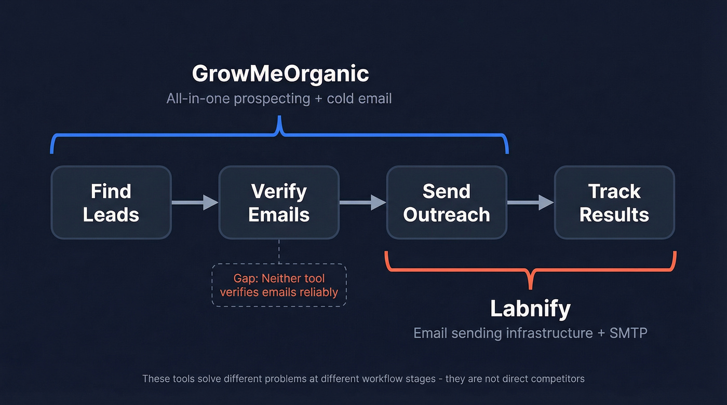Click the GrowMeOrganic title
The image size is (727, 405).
(x=280, y=74)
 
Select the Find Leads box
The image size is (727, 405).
(x=111, y=202)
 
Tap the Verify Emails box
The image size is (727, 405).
(x=279, y=202)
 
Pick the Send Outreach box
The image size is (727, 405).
(x=447, y=202)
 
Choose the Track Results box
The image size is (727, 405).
(x=614, y=202)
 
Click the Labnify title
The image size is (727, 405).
(x=530, y=309)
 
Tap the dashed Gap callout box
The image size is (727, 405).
(x=279, y=285)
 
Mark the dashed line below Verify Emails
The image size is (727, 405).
(x=279, y=251)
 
